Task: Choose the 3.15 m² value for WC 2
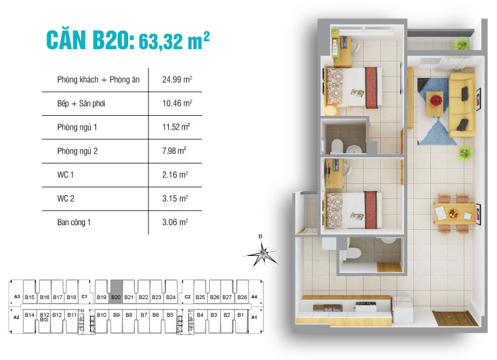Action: [x=175, y=198]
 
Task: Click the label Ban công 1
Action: [x=74, y=223]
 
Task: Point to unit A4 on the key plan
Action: [x=254, y=297]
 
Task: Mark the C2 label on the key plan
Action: [x=187, y=297]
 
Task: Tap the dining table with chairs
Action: [x=454, y=212]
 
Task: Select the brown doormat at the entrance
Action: [x=455, y=319]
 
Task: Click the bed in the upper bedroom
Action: [x=354, y=86]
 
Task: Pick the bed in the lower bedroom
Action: [x=354, y=209]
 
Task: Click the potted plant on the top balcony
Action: [x=462, y=44]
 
